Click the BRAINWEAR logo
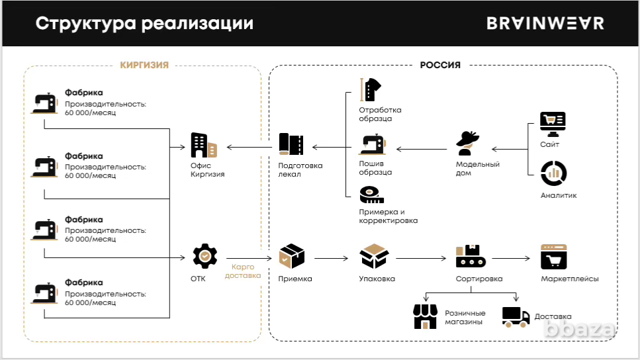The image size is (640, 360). point(545,23)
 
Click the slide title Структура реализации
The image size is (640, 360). point(144,23)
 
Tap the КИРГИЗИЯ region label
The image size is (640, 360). point(144,65)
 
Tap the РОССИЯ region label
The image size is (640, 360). point(440,65)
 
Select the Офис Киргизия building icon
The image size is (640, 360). point(203,146)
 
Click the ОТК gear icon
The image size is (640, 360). point(205,255)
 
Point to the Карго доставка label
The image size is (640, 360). point(243,271)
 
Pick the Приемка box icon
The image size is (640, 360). point(291,255)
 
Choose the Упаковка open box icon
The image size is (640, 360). point(374,255)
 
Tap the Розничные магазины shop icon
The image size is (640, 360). point(426,316)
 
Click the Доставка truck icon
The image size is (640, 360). point(516,316)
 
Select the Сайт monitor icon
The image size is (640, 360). point(553,122)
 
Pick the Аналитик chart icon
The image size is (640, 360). point(553,173)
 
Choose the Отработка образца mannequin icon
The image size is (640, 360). point(371,90)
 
